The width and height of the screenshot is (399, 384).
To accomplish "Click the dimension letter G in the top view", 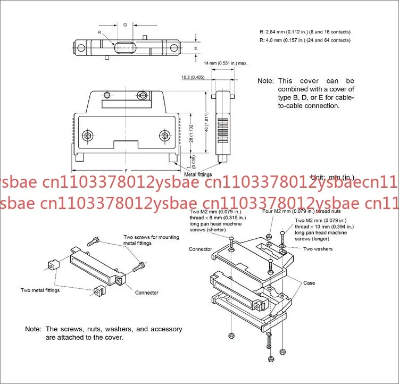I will tap(125, 25).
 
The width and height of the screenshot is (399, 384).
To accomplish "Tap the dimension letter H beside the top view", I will tap(196, 48).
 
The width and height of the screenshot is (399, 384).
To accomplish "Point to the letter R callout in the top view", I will tap(99, 32).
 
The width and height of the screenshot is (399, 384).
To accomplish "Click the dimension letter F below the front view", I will tap(126, 169).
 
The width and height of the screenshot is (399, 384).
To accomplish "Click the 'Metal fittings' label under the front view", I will tap(198, 174).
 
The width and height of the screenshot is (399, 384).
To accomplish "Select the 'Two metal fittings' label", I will tap(40, 290).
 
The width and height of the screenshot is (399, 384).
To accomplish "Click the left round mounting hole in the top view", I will tap(82, 47).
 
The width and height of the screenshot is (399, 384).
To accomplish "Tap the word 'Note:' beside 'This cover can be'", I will tap(265, 81).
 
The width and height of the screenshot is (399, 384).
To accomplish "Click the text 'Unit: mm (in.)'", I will tap(332, 177).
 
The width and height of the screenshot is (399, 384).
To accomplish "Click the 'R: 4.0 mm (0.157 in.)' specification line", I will tap(305, 40).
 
